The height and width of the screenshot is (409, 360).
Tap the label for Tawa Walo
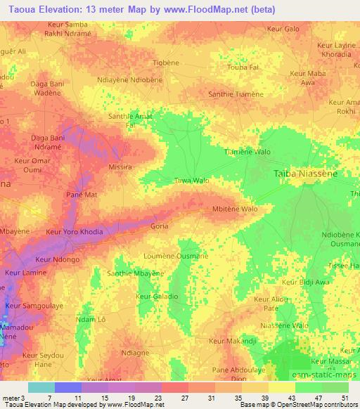coord(192,181)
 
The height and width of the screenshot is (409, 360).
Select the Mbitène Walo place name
coord(234,209)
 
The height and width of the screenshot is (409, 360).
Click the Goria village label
coord(160,227)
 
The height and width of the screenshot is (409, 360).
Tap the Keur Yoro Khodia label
coord(74,232)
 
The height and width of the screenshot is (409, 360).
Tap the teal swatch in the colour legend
coord(41,387)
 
